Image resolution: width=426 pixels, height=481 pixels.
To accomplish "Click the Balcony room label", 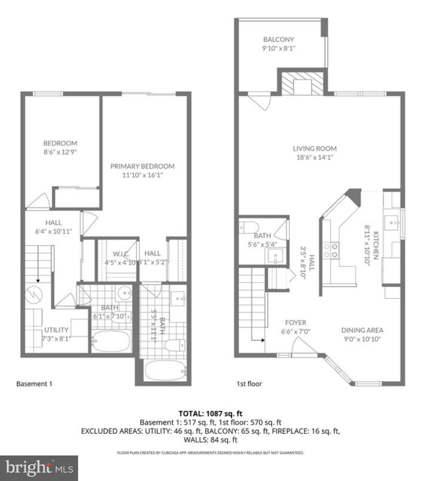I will pos(279,39).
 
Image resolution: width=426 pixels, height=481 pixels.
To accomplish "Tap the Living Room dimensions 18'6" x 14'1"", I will pos(315,157).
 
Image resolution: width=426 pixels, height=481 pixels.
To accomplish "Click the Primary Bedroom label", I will pos(142,166).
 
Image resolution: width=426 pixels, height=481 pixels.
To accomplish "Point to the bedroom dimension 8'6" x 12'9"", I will pos(60,152).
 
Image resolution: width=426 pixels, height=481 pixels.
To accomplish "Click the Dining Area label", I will pos(362,330).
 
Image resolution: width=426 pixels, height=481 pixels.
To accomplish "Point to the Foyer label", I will pos(296,323).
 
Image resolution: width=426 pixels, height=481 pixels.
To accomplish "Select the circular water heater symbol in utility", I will pos(34,294).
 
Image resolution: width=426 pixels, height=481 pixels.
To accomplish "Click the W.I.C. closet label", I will pos(121,254).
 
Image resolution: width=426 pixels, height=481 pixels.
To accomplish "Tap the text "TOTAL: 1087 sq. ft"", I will pos(210,413).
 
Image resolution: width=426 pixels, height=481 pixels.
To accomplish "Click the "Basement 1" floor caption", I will pos(34,384).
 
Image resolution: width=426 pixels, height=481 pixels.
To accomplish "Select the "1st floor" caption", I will pos(249,384).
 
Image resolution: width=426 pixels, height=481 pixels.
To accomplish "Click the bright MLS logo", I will pos(39,468).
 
